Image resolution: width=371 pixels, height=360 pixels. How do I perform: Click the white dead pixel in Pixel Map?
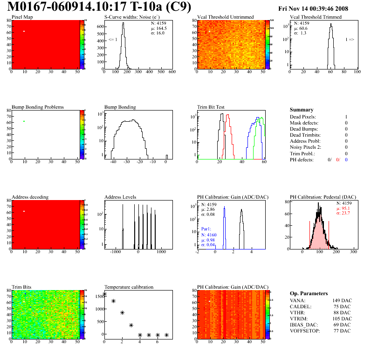(x=24, y=31)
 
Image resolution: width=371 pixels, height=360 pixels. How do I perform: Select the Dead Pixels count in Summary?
(x=346, y=117)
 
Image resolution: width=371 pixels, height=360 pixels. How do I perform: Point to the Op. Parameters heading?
(x=309, y=293)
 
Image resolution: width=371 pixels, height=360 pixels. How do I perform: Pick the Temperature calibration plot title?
(x=129, y=287)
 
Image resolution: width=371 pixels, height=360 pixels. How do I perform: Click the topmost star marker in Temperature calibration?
(x=104, y=294)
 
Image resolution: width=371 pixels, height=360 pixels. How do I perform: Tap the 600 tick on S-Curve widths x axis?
(x=172, y=72)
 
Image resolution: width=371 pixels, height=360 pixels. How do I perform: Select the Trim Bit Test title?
(x=211, y=107)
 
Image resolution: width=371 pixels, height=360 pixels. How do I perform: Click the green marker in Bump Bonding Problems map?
(x=24, y=122)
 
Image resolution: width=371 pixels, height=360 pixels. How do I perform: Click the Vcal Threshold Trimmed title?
(x=316, y=17)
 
